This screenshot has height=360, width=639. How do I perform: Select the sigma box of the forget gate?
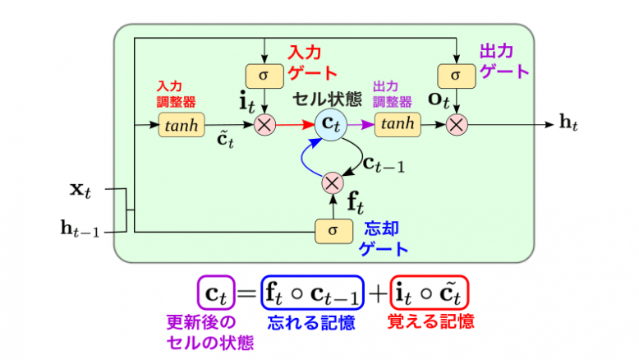333,231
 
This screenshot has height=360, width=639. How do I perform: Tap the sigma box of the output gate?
456,76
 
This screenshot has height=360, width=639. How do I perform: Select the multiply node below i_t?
264,125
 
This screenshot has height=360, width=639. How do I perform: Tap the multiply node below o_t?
456,125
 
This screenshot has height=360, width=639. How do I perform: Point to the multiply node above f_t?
333,182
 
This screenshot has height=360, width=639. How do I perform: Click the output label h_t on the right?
568,123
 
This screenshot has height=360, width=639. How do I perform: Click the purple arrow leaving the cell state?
361,125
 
